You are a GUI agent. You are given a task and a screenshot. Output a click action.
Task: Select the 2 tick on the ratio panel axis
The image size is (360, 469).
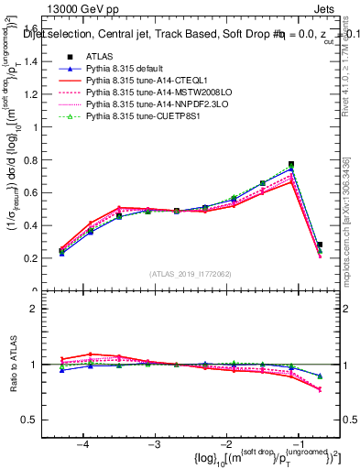[x=38, y=309]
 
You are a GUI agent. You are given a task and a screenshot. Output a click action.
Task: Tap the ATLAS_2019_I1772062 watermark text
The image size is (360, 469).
[x=190, y=274]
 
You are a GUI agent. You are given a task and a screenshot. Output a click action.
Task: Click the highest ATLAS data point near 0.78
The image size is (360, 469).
[x=291, y=165]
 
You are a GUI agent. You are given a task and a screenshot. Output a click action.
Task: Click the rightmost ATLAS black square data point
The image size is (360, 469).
[x=319, y=245]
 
